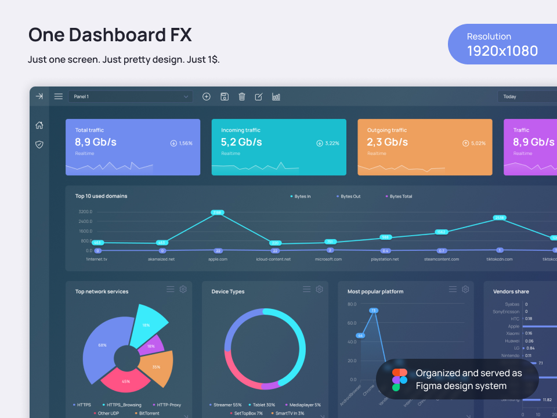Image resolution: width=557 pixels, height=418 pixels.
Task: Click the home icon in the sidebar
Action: pyautogui.click(x=39, y=125)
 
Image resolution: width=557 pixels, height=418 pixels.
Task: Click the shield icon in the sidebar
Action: pyautogui.click(x=39, y=145)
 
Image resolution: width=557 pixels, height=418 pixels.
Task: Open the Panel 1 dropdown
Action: pyautogui.click(x=131, y=96)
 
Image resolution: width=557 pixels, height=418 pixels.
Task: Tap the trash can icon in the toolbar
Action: pyautogui.click(x=242, y=96)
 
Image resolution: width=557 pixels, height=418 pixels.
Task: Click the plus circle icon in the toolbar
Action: pyautogui.click(x=207, y=96)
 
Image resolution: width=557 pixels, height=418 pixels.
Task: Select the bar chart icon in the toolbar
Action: pyautogui.click(x=276, y=96)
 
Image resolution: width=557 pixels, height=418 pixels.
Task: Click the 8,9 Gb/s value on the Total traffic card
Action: pyautogui.click(x=96, y=142)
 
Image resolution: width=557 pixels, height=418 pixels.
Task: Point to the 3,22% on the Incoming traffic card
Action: pyautogui.click(x=332, y=143)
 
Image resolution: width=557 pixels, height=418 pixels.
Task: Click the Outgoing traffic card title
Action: pyautogui.click(x=387, y=130)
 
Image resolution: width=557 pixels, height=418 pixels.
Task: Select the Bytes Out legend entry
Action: pyautogui.click(x=350, y=196)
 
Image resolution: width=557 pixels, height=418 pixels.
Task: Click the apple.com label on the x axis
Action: pyautogui.click(x=218, y=259)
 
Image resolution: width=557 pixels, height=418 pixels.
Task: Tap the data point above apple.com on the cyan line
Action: pyautogui.click(x=218, y=212)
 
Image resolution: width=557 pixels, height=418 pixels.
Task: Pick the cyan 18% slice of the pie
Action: pyautogui.click(x=147, y=325)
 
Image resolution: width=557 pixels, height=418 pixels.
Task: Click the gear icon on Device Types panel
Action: pyautogui.click(x=319, y=289)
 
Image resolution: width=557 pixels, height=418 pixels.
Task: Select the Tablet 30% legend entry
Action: pyautogui.click(x=263, y=405)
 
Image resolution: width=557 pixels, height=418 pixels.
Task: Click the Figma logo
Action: pyautogui.click(x=400, y=379)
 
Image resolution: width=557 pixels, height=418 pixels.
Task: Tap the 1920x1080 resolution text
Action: pyautogui.click(x=502, y=51)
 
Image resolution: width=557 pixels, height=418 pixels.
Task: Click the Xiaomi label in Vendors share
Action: pyautogui.click(x=512, y=333)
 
